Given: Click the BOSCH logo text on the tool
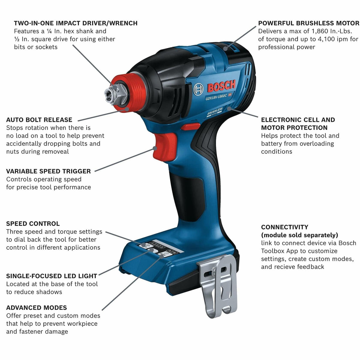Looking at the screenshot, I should pyautogui.click(x=221, y=87).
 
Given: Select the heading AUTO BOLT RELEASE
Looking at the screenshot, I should pyautogui.click(x=39, y=120).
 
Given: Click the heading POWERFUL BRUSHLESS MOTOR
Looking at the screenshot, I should pyautogui.click(x=308, y=23).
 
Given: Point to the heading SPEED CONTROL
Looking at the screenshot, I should pyautogui.click(x=33, y=224).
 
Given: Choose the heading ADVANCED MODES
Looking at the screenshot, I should pyautogui.click(x=37, y=308).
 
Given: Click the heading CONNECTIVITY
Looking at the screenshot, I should pyautogui.click(x=285, y=227).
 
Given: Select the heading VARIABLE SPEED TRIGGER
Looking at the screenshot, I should pyautogui.click(x=48, y=172).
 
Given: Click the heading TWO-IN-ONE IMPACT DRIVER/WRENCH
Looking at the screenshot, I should pyautogui.click(x=76, y=23).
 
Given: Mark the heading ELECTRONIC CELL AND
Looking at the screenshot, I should pyautogui.click(x=298, y=120).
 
